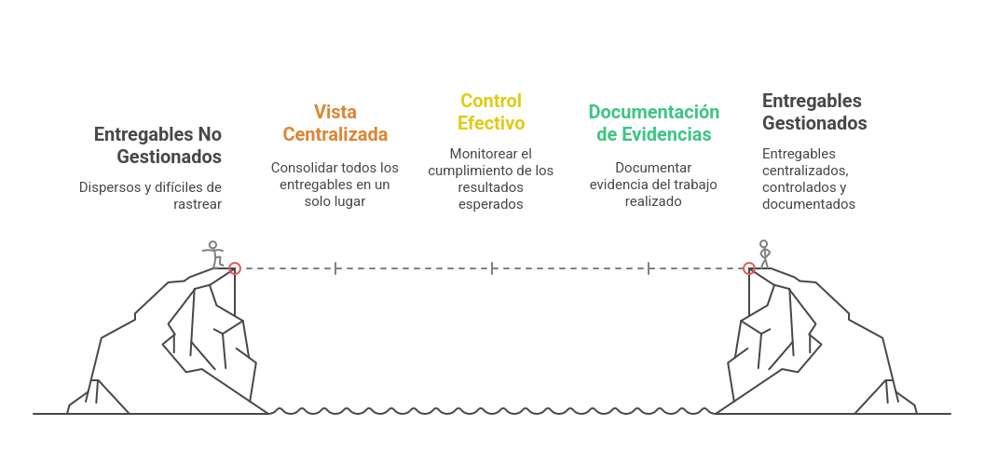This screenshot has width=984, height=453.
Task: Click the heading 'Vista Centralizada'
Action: (335, 123)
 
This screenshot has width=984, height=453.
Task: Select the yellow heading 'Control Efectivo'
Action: (491, 112)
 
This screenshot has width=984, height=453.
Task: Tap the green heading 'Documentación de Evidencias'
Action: (654, 123)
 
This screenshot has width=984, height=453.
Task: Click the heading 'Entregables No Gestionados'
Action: (157, 145)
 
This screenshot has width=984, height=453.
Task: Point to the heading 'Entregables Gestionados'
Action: (814, 112)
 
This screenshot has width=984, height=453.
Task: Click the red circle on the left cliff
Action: (235, 268)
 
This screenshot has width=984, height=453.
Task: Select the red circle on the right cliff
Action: (748, 268)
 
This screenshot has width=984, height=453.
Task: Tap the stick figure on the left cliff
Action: (213, 254)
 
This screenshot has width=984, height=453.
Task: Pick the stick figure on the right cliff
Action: (765, 254)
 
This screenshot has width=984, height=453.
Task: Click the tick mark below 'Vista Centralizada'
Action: (335, 268)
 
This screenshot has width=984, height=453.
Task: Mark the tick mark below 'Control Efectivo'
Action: (492, 268)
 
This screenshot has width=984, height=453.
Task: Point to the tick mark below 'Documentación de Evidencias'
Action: (649, 268)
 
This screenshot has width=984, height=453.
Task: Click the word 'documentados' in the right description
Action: (809, 204)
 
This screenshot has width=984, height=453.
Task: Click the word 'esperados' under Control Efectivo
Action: (491, 204)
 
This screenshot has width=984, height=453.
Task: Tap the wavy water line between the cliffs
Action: (492, 410)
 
